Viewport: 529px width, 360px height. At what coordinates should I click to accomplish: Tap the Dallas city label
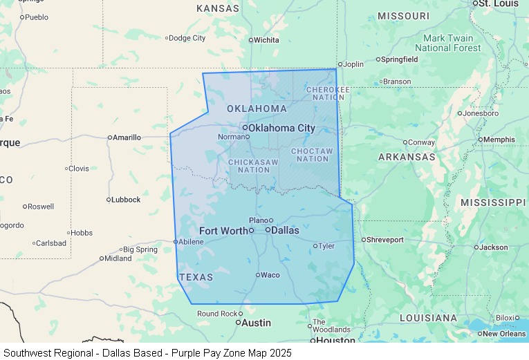point(285,230)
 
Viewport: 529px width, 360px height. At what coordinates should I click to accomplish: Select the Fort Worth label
point(223,231)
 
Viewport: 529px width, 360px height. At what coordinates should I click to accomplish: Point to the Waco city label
point(270,275)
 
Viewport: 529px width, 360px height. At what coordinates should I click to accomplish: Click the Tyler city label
point(326,246)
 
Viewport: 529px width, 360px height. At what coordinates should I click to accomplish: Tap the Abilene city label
point(191,242)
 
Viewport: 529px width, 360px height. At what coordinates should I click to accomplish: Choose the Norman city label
point(231,137)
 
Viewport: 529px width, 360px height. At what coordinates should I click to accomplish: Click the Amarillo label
point(127,138)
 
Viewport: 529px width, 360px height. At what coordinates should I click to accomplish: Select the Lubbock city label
point(126,200)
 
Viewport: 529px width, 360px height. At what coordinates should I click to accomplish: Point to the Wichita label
point(266,40)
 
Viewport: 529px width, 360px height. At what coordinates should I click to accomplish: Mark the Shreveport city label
point(384,240)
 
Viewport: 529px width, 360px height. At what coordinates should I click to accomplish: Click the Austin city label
point(256,323)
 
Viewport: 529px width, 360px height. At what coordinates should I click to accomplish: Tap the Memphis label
point(499,140)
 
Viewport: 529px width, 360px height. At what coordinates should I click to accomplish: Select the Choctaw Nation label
point(312,155)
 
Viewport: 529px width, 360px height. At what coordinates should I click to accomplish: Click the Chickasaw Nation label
point(253,166)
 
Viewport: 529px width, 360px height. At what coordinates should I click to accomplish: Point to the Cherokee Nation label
point(328,93)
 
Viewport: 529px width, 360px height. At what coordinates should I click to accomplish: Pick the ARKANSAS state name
point(407,157)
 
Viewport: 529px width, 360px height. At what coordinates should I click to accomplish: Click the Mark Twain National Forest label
point(447,43)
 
